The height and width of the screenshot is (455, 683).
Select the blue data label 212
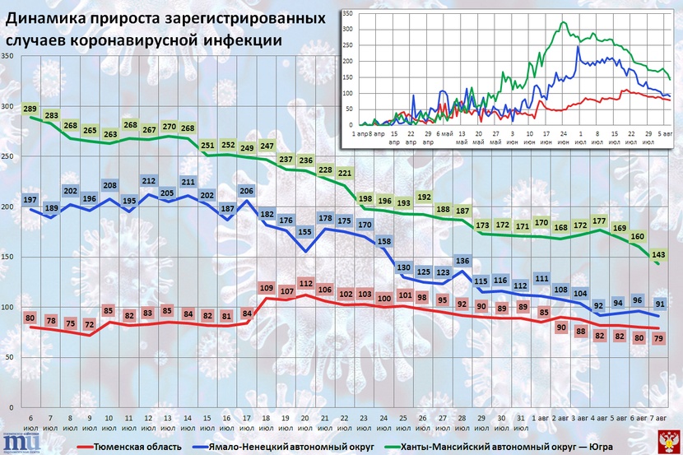(x=149, y=181)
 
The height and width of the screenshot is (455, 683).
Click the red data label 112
(x=305, y=283)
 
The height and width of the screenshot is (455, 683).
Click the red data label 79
(x=657, y=338)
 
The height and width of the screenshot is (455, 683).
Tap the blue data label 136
(x=462, y=262)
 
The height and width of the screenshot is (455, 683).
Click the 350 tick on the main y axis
(x=7, y=56)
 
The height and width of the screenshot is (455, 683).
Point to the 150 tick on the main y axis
(x=7, y=257)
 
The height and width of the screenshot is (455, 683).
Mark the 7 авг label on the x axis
(x=657, y=424)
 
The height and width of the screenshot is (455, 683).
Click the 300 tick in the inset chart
(x=347, y=29)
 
